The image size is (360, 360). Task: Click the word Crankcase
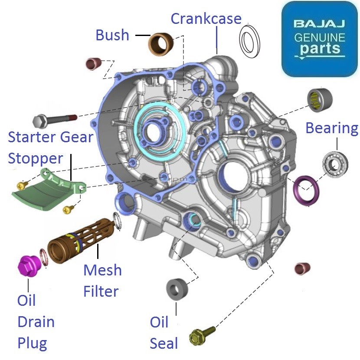click(x=206, y=19)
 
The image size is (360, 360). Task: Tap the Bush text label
click(x=112, y=35)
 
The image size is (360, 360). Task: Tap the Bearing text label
click(x=332, y=128)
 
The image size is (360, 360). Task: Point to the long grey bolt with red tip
click(x=54, y=119)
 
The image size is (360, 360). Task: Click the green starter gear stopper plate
click(x=43, y=193)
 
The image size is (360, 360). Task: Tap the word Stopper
click(x=36, y=158)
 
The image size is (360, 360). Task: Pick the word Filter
click(x=101, y=291)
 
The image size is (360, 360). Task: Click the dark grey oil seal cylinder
click(x=177, y=288)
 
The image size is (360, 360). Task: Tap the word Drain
click(x=36, y=322)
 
